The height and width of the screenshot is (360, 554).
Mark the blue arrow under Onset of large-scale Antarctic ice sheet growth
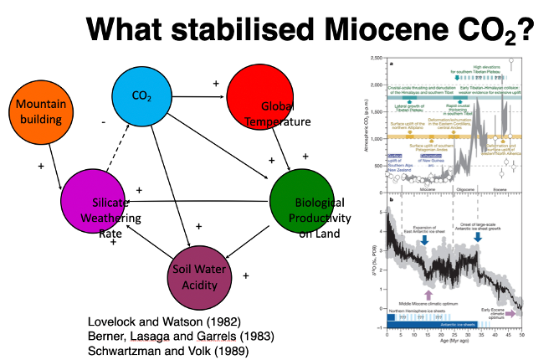[x=478, y=236]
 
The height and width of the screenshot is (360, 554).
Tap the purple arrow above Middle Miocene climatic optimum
[x=429, y=294]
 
